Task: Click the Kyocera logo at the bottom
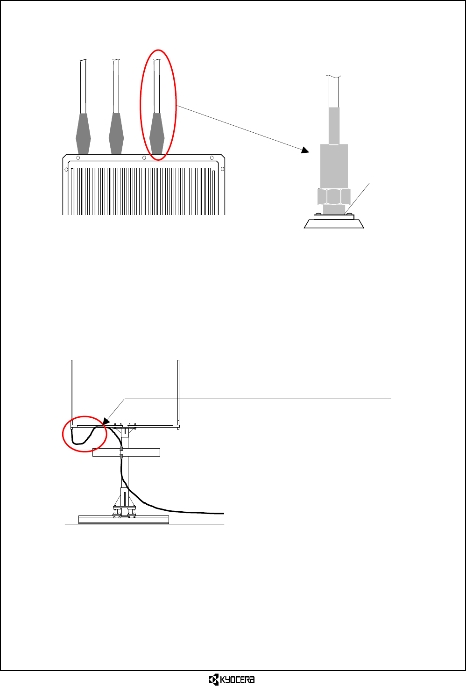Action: click(232, 680)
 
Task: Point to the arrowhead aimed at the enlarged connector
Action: click(305, 150)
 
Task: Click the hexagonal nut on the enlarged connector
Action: click(334, 196)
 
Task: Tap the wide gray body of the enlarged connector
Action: click(334, 166)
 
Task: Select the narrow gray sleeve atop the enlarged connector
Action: click(334, 126)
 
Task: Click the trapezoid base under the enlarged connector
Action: click(334, 224)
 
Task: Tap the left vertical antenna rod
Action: click(71, 393)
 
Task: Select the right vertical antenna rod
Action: click(179, 393)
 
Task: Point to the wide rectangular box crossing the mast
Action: click(140, 452)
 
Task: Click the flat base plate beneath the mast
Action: click(124, 519)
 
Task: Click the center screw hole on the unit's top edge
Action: click(144, 158)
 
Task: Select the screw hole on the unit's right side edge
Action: click(222, 169)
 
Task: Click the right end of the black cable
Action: click(223, 513)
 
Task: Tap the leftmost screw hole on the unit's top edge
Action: click(78, 158)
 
